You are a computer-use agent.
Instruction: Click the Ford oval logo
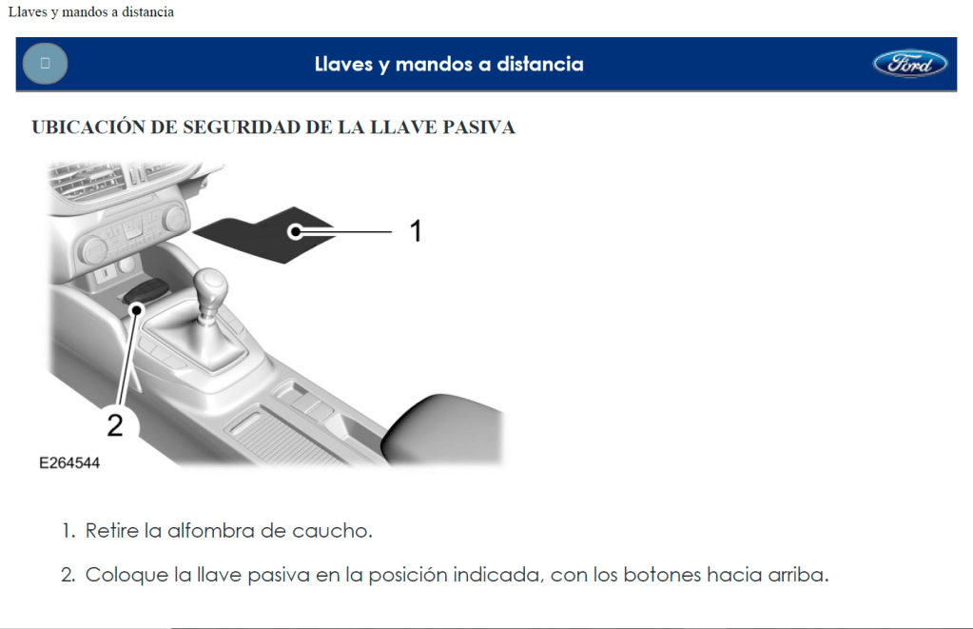point(909,64)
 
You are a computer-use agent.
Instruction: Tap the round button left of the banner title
point(46,64)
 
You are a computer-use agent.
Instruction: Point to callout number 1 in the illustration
point(416,231)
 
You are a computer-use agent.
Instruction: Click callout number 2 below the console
point(115,425)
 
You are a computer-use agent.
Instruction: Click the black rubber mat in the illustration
point(263,235)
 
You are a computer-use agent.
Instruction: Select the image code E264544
point(69,463)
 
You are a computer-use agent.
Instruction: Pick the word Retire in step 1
point(111,531)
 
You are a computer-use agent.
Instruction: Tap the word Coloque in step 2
point(126,575)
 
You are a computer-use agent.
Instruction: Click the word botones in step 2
point(661,575)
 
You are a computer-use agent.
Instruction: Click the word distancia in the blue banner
point(540,64)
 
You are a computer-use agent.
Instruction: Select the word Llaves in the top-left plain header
point(28,12)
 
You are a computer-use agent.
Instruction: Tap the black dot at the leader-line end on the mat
point(296,231)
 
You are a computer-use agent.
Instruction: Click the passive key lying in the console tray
point(146,290)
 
